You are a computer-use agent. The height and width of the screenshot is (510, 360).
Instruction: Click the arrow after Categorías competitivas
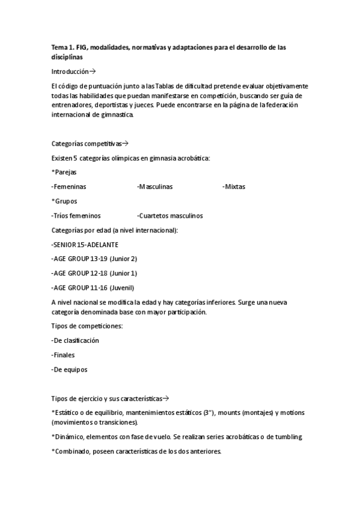126,144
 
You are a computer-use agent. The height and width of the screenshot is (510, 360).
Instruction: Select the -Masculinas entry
154,186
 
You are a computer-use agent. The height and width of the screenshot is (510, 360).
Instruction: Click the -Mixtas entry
233,186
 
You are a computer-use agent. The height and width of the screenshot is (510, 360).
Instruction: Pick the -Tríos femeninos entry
76,215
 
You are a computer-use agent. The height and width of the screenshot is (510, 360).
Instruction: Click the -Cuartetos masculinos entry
169,215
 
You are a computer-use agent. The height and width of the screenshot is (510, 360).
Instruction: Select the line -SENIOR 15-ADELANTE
85,244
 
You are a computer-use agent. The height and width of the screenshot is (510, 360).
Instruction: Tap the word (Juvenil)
122,287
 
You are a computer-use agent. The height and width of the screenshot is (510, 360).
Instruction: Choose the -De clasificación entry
75,340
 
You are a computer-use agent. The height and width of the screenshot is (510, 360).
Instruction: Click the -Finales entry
63,355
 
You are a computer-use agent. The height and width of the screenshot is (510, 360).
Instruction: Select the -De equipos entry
69,369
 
